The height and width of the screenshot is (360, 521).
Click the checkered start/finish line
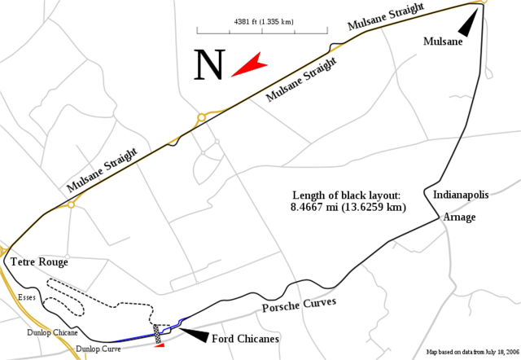[158, 334]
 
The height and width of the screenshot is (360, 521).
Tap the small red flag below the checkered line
[160, 347]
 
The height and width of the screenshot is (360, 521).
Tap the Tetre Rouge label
[39, 262]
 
